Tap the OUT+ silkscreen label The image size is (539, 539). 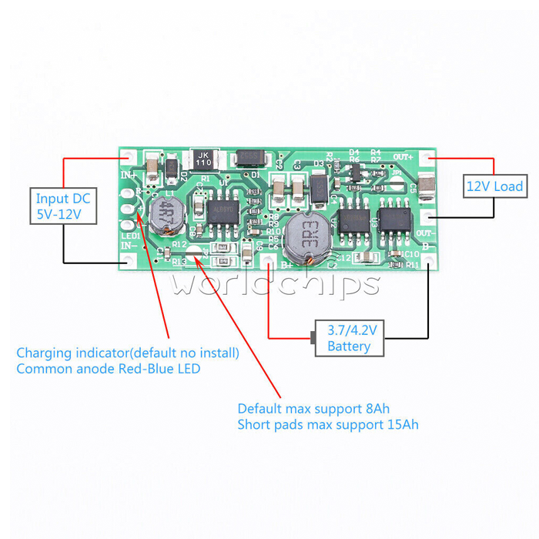[403, 157]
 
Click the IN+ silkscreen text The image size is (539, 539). [129, 175]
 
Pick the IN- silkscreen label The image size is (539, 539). [129, 246]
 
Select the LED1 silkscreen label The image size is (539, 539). [129, 234]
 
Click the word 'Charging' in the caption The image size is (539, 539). [45, 353]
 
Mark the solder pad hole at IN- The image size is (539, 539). [129, 260]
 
